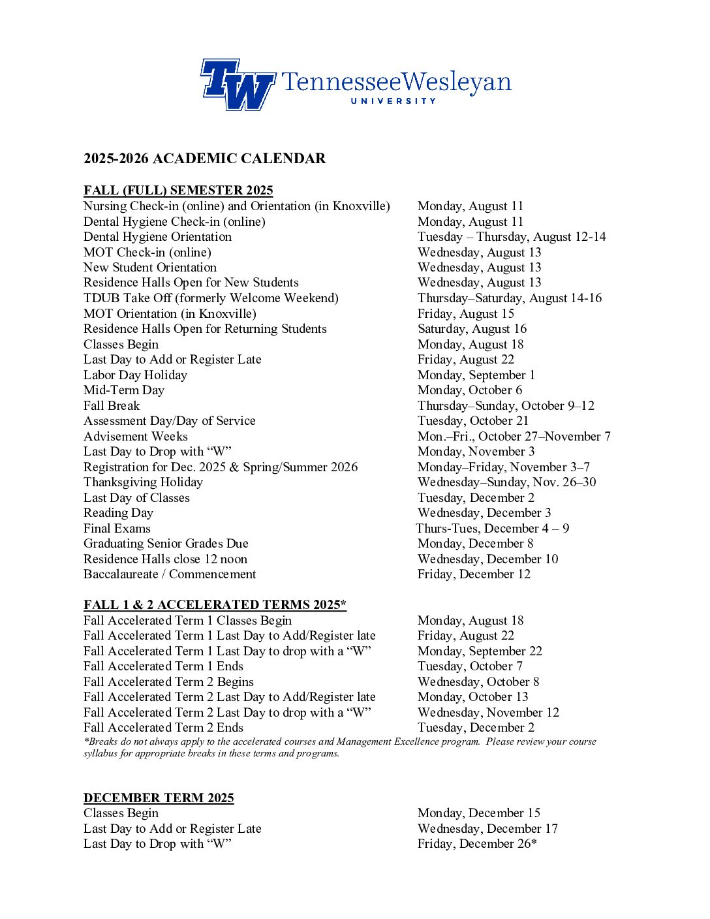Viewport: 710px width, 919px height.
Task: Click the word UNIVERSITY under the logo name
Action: [x=393, y=101]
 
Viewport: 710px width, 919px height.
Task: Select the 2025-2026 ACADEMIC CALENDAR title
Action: [x=204, y=159]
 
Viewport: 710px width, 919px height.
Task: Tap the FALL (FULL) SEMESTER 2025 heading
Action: [x=178, y=191]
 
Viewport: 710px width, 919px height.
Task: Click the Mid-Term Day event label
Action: [x=124, y=390]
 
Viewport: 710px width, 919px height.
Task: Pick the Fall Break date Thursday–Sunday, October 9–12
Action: [x=506, y=406]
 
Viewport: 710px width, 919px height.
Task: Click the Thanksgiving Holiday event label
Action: [x=143, y=482]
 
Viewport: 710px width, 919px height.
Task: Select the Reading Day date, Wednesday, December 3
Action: [x=484, y=513]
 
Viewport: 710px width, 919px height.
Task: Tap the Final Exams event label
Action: [x=117, y=529]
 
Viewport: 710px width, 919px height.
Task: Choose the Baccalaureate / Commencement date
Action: [x=474, y=574]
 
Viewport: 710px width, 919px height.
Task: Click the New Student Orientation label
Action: [x=150, y=268]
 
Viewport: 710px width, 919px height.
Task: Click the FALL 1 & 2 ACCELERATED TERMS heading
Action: [x=215, y=605]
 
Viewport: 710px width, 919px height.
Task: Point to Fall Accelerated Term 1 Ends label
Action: [x=163, y=666]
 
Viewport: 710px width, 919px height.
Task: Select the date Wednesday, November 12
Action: [x=488, y=713]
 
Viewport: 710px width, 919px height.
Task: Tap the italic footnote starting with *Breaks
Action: [x=339, y=747]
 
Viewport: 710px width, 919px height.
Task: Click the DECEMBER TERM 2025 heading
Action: [x=159, y=798]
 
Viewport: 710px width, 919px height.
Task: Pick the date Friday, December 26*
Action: [x=477, y=844]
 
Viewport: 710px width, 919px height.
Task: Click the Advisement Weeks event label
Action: [x=136, y=437]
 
